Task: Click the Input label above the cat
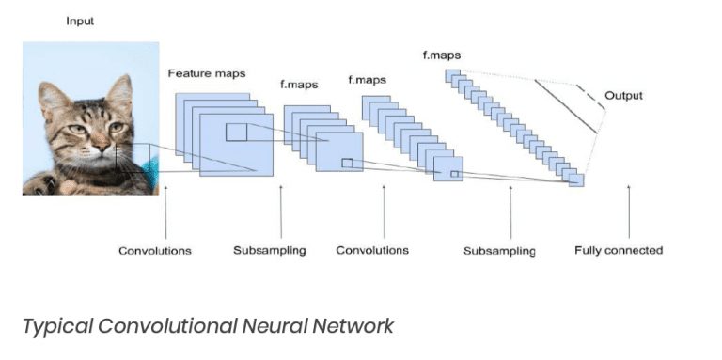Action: click(79, 21)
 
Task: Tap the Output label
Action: click(624, 95)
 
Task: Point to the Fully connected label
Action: click(618, 251)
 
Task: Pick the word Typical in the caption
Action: click(57, 326)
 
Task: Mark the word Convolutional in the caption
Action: click(165, 326)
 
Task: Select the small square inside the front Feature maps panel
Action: click(236, 133)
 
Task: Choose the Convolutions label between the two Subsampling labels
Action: click(372, 251)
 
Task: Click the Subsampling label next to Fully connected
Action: click(499, 251)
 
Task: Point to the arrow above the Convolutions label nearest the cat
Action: click(165, 211)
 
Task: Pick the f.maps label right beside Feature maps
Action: click(299, 85)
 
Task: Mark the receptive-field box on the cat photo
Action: click(131, 159)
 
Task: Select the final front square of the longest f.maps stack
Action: click(576, 180)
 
